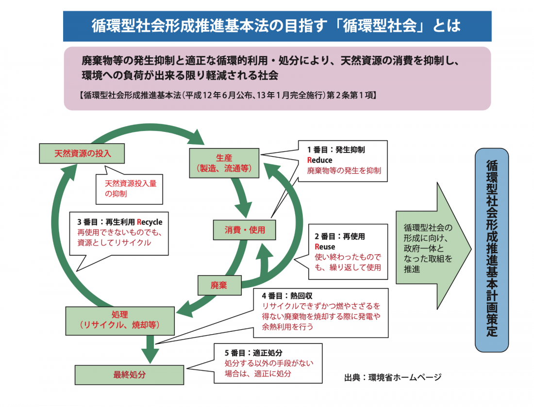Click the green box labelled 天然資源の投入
click(83, 154)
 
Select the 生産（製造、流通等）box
click(224, 163)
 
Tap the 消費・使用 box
click(245, 230)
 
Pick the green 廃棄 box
click(219, 285)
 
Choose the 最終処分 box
click(129, 374)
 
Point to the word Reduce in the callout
click(320, 160)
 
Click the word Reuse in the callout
click(325, 247)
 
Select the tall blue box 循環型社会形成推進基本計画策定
click(492, 249)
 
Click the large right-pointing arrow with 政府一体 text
click(432, 247)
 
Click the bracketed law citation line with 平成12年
click(227, 95)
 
